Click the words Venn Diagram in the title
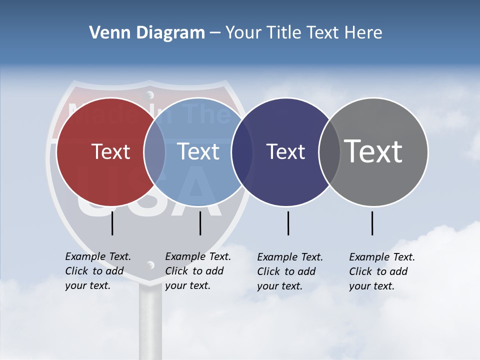[x=147, y=33]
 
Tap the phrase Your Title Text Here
[x=303, y=33]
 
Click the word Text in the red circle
[x=110, y=151]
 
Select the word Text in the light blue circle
[x=198, y=151]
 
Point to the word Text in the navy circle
[x=285, y=151]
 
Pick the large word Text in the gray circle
[x=373, y=151]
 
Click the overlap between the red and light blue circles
[x=154, y=151]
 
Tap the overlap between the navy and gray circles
[x=329, y=151]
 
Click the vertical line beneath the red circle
[x=112, y=223]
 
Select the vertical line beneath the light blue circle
[x=200, y=223]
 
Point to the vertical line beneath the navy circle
[x=288, y=223]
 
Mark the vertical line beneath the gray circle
[x=372, y=223]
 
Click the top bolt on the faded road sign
[x=149, y=94]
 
